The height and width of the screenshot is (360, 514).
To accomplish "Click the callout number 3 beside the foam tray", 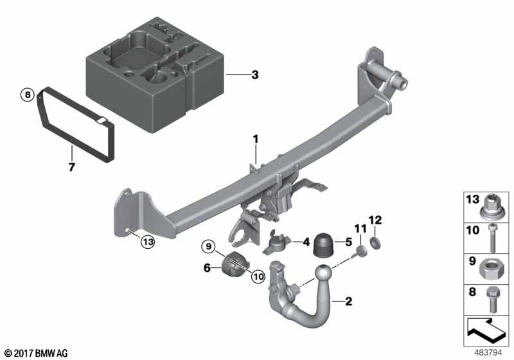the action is click(254, 75).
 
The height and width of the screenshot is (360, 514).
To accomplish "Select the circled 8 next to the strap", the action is click(28, 95).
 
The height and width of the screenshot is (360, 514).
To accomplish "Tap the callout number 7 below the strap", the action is click(72, 167).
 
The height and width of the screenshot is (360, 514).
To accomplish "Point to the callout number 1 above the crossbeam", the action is click(255, 139).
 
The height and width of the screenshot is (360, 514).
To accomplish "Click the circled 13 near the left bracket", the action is click(148, 242).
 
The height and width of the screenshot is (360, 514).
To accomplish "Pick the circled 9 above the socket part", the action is click(208, 246).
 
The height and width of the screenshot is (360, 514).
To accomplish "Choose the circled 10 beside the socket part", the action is click(258, 276).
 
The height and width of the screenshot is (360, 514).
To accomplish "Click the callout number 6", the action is click(207, 268).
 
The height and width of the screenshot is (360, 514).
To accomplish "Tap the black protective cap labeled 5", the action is click(323, 245).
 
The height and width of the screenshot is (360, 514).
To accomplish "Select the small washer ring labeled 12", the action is click(375, 242).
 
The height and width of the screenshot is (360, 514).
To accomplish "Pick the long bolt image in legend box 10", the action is click(492, 238).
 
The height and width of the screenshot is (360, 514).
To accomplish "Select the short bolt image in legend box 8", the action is click(492, 299).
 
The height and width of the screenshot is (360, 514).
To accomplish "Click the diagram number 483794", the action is click(488, 353).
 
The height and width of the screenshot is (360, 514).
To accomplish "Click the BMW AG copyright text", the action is click(37, 354).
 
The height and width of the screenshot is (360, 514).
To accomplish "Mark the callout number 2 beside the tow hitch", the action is click(348, 301).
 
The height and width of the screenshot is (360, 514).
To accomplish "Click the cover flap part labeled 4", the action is click(276, 243).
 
